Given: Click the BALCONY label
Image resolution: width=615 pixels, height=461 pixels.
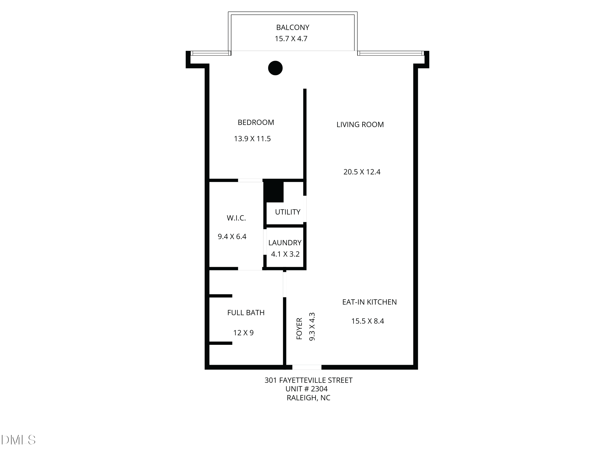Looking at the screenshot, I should click(293, 27).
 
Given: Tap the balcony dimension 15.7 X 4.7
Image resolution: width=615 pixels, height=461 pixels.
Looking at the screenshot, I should click(291, 39).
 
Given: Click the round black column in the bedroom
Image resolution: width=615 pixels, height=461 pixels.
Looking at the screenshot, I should click(275, 68).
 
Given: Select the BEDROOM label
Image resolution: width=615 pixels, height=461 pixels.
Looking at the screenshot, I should click(256, 123).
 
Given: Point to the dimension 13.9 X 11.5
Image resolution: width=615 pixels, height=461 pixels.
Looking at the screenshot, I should click(252, 139).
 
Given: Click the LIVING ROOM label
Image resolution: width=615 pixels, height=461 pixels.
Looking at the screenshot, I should click(360, 125).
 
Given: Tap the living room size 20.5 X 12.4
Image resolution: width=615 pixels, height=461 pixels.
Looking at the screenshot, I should click(362, 172).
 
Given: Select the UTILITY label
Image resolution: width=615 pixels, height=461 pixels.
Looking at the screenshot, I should click(287, 212).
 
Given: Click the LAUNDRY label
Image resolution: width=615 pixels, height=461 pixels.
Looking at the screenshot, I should click(285, 243).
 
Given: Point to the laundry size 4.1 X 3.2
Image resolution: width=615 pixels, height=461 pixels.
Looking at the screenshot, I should click(285, 254).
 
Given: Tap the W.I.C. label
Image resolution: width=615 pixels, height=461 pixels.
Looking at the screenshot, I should click(236, 218).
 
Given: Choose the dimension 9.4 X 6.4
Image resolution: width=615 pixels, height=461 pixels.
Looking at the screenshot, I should click(232, 237).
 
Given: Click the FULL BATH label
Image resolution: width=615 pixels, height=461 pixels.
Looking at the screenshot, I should click(246, 313).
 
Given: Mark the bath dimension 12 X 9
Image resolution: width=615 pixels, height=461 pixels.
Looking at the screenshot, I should click(243, 333).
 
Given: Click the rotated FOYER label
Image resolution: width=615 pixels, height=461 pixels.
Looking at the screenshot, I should click(299, 329).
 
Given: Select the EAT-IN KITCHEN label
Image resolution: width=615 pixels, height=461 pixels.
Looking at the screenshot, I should click(369, 302).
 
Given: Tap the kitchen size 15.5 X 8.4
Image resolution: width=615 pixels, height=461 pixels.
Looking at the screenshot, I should click(368, 321).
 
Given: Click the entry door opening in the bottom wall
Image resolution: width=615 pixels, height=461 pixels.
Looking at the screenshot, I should click(307, 367).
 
